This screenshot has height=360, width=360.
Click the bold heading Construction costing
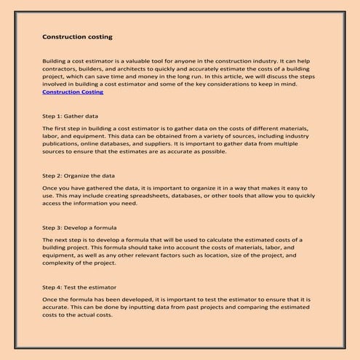click(77, 36)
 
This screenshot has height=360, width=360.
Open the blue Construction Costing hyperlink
click(73, 92)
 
